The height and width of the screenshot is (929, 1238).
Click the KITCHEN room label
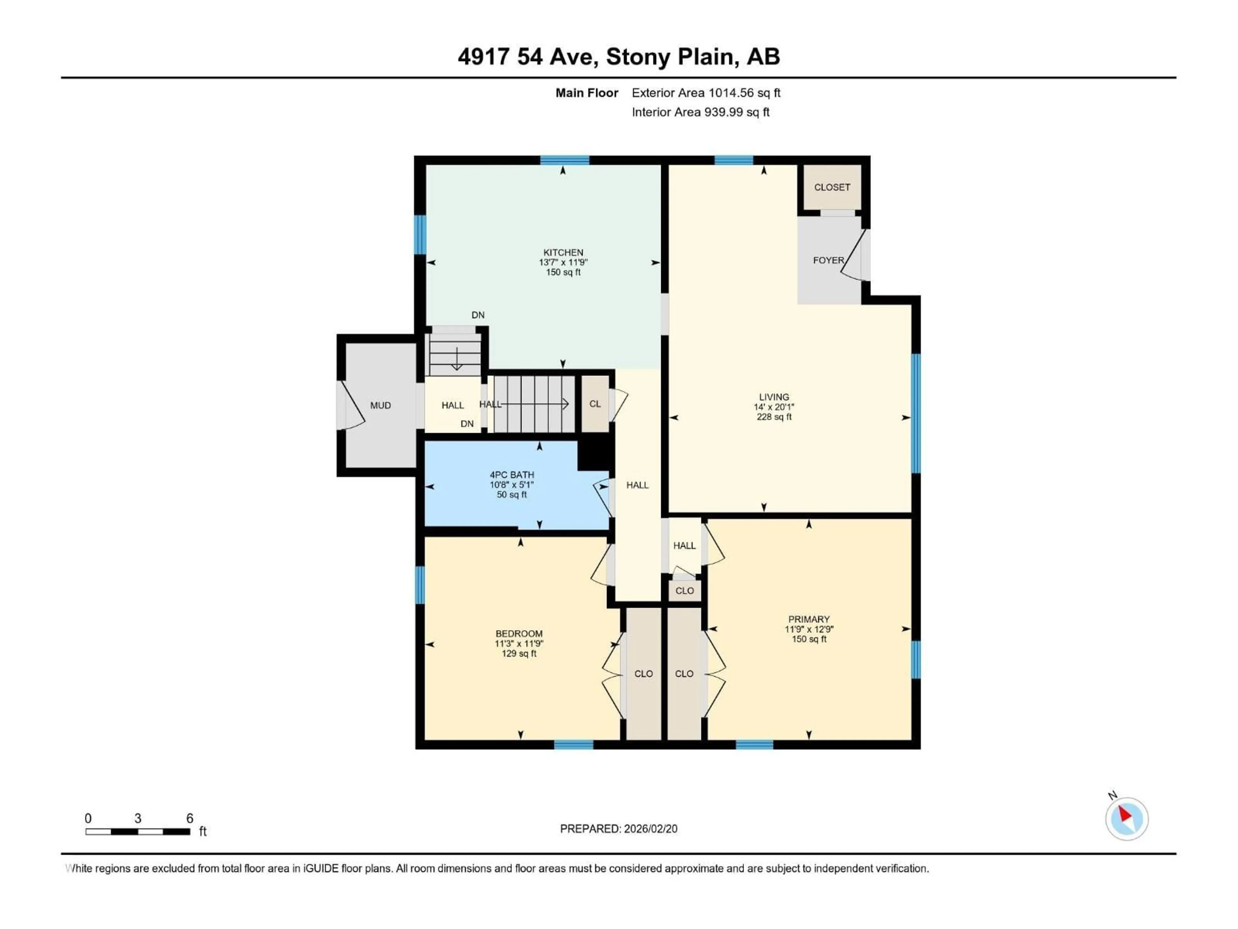pyautogui.click(x=563, y=253)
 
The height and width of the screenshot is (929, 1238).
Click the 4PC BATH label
pyautogui.click(x=512, y=475)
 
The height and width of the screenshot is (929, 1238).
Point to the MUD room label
pyautogui.click(x=380, y=405)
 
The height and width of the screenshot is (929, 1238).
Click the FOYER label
pyautogui.click(x=828, y=260)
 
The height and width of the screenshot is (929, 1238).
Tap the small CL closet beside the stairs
pyautogui.click(x=594, y=404)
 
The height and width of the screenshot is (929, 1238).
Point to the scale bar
pyautogui.click(x=138, y=832)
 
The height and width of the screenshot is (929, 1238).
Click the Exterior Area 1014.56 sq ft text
pyautogui.click(x=706, y=93)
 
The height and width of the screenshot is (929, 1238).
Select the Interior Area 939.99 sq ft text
pyautogui.click(x=700, y=112)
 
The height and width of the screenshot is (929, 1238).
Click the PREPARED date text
pyautogui.click(x=618, y=829)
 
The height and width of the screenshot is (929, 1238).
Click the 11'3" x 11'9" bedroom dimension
pyautogui.click(x=519, y=644)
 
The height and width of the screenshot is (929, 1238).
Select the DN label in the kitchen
pyautogui.click(x=477, y=315)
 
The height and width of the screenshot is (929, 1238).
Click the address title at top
pyautogui.click(x=618, y=56)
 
